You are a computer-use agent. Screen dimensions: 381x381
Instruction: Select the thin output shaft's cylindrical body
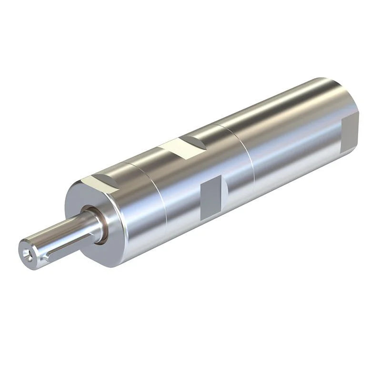pyautogui.click(x=62, y=233)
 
